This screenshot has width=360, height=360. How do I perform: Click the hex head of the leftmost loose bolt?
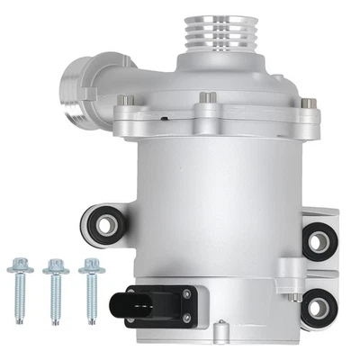click(x=15, y=265)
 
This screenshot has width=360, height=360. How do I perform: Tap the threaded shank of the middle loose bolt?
click(x=56, y=292)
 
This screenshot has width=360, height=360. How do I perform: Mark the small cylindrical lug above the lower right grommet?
click(x=287, y=267)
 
